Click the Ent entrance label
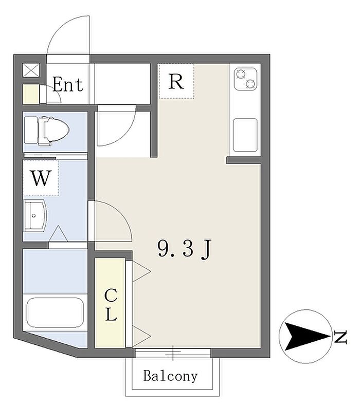point(68,84)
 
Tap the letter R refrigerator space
point(176,81)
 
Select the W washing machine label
point(41,178)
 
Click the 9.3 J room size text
point(185,249)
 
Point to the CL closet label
point(111,305)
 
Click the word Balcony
point(170,376)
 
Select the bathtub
point(55,312)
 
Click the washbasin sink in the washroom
point(35,216)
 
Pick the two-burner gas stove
point(245,79)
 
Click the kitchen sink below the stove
point(245,135)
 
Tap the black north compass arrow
point(307,337)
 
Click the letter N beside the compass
point(340,337)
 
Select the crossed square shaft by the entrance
point(31,70)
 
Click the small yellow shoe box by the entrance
point(31,94)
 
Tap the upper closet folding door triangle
point(141,271)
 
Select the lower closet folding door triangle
point(141,336)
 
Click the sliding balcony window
point(173,353)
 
